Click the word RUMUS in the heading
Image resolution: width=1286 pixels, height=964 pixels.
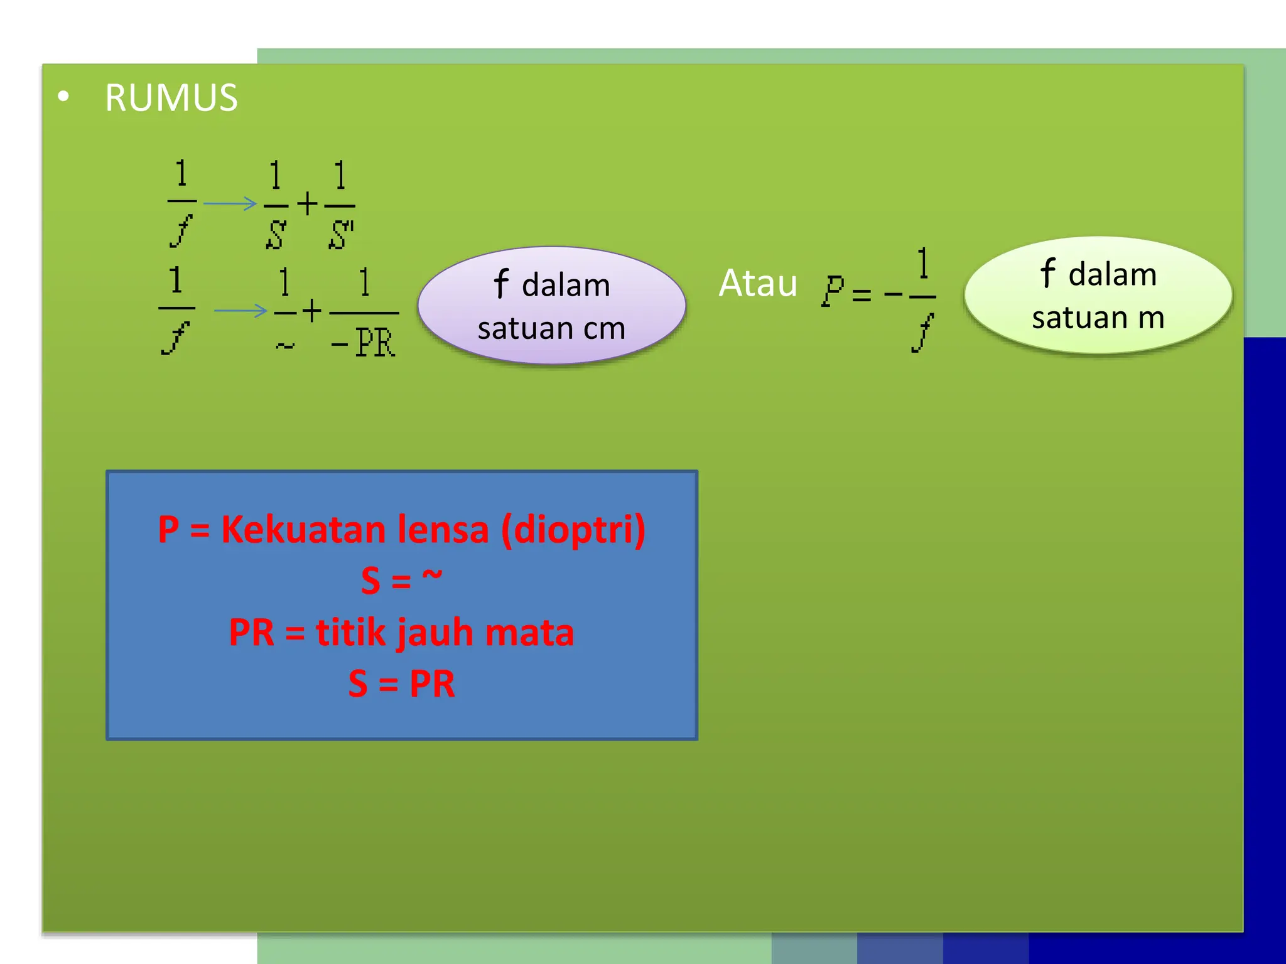(x=171, y=99)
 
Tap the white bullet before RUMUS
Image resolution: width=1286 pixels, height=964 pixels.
(x=63, y=97)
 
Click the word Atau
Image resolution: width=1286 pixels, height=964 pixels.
(x=758, y=283)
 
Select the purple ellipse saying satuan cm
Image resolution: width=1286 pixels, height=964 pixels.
(x=551, y=306)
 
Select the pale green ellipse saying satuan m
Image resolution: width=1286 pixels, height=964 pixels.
(x=1098, y=295)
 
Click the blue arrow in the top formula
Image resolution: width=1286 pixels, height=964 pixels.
(x=230, y=203)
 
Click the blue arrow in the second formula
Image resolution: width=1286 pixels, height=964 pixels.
(x=240, y=311)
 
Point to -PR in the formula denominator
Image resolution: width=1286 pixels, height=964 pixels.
(x=364, y=343)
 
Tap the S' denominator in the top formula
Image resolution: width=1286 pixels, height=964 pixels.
(x=341, y=235)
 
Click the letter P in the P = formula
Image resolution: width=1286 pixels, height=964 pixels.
(x=833, y=291)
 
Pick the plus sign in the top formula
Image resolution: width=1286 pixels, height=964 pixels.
(x=308, y=204)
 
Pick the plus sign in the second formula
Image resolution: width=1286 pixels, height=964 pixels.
(x=312, y=311)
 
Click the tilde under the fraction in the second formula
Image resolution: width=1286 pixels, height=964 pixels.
(x=285, y=345)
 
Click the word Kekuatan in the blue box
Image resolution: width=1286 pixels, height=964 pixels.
(x=312, y=530)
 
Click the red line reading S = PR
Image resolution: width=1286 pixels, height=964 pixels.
(x=402, y=683)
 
